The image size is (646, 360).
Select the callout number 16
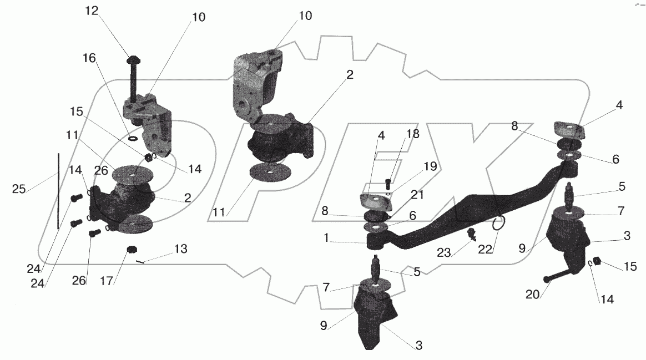coord(90,57)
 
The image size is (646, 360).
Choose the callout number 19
coord(430,166)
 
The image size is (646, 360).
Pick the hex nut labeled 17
coord(132,250)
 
